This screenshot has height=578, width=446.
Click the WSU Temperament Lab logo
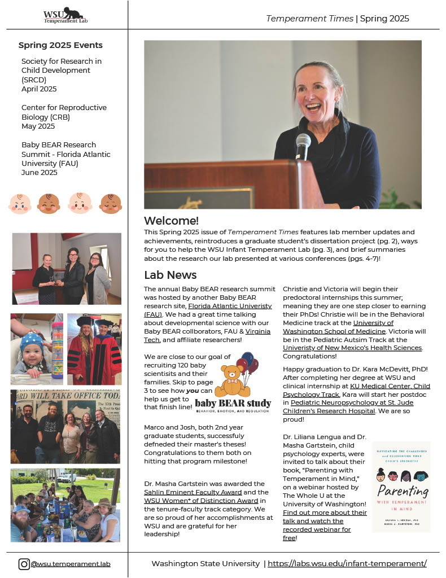click(66, 15)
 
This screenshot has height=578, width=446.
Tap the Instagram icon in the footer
click(24, 563)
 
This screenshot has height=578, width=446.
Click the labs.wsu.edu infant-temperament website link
click(347, 563)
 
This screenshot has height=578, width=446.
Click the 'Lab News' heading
click(170, 275)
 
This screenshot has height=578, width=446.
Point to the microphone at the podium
click(303, 145)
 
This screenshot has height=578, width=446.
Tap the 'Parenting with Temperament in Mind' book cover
click(401, 487)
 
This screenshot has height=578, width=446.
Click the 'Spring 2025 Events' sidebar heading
click(60, 45)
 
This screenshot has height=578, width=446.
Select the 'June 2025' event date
click(40, 173)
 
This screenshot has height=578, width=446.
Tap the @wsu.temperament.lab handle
click(71, 563)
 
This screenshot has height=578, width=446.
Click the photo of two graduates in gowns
click(94, 349)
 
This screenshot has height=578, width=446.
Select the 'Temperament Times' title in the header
click(310, 19)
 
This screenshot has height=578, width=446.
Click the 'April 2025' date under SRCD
click(39, 89)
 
